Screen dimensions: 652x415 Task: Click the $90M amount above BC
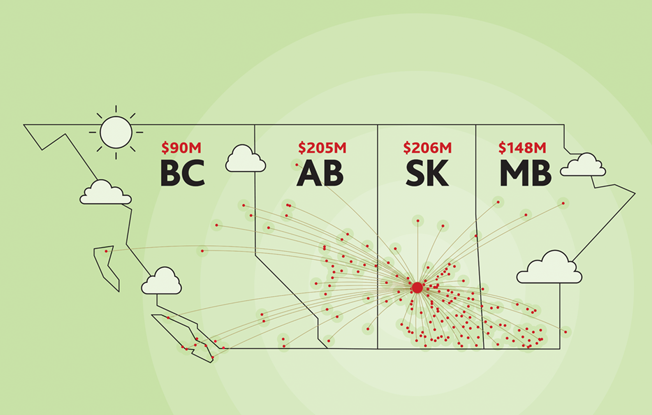(181, 148)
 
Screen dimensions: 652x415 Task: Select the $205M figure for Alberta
(322, 148)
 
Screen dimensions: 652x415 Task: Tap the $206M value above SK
(427, 148)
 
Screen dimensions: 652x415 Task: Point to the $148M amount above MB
(523, 148)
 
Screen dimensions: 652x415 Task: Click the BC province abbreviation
(183, 173)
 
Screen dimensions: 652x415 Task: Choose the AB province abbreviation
(320, 173)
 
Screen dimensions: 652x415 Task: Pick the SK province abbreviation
(427, 173)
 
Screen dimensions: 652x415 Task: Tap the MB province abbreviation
(526, 173)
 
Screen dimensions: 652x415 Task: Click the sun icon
(116, 132)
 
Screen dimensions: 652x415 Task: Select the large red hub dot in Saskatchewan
(417, 287)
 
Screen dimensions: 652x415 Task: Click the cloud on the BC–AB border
(245, 158)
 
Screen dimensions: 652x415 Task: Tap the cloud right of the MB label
(583, 165)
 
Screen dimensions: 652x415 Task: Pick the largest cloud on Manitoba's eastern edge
(549, 267)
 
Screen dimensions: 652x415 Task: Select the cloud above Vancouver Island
(161, 280)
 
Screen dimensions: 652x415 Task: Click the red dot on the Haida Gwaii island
(106, 251)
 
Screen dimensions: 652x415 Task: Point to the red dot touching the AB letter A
(296, 165)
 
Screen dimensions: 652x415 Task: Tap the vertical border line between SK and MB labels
(480, 237)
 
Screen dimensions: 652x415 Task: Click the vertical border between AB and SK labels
(378, 237)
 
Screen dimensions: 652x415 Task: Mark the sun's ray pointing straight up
(116, 109)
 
